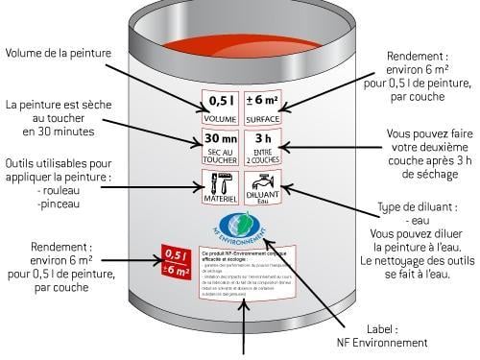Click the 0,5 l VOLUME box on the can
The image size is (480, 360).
tap(220, 105)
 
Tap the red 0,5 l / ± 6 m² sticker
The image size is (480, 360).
tap(176, 262)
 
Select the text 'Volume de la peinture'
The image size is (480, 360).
tap(64, 52)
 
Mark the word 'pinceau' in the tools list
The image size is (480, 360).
tap(60, 204)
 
